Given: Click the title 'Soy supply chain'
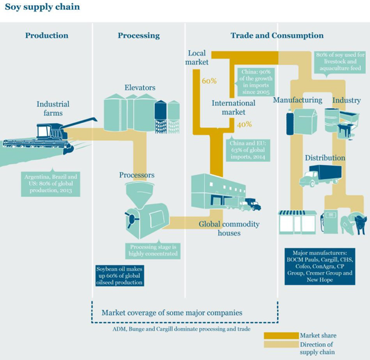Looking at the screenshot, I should tap(42, 8).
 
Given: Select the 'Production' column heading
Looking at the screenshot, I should tap(46, 36).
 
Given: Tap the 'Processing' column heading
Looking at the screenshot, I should tap(138, 36).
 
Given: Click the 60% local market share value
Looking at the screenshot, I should tap(209, 81).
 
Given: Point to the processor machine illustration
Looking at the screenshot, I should tap(145, 209).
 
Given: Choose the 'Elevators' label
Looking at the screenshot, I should tap(140, 88).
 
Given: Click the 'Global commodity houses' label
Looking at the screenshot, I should tap(229, 229).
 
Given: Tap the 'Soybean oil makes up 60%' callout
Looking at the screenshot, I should tap(119, 275).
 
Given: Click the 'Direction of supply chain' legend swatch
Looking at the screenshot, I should tap(280, 344).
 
